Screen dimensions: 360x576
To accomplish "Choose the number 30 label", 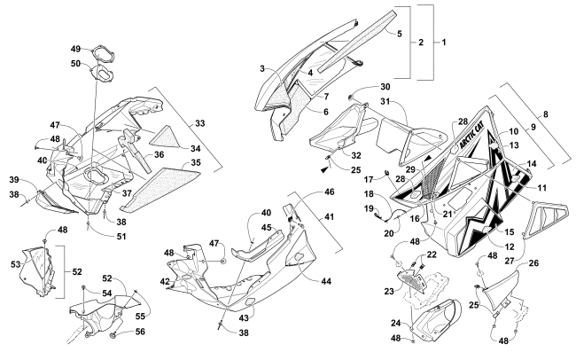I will [x=385, y=87].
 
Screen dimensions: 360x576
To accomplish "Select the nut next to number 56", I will [x=117, y=335].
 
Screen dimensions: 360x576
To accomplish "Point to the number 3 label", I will [x=264, y=68].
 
